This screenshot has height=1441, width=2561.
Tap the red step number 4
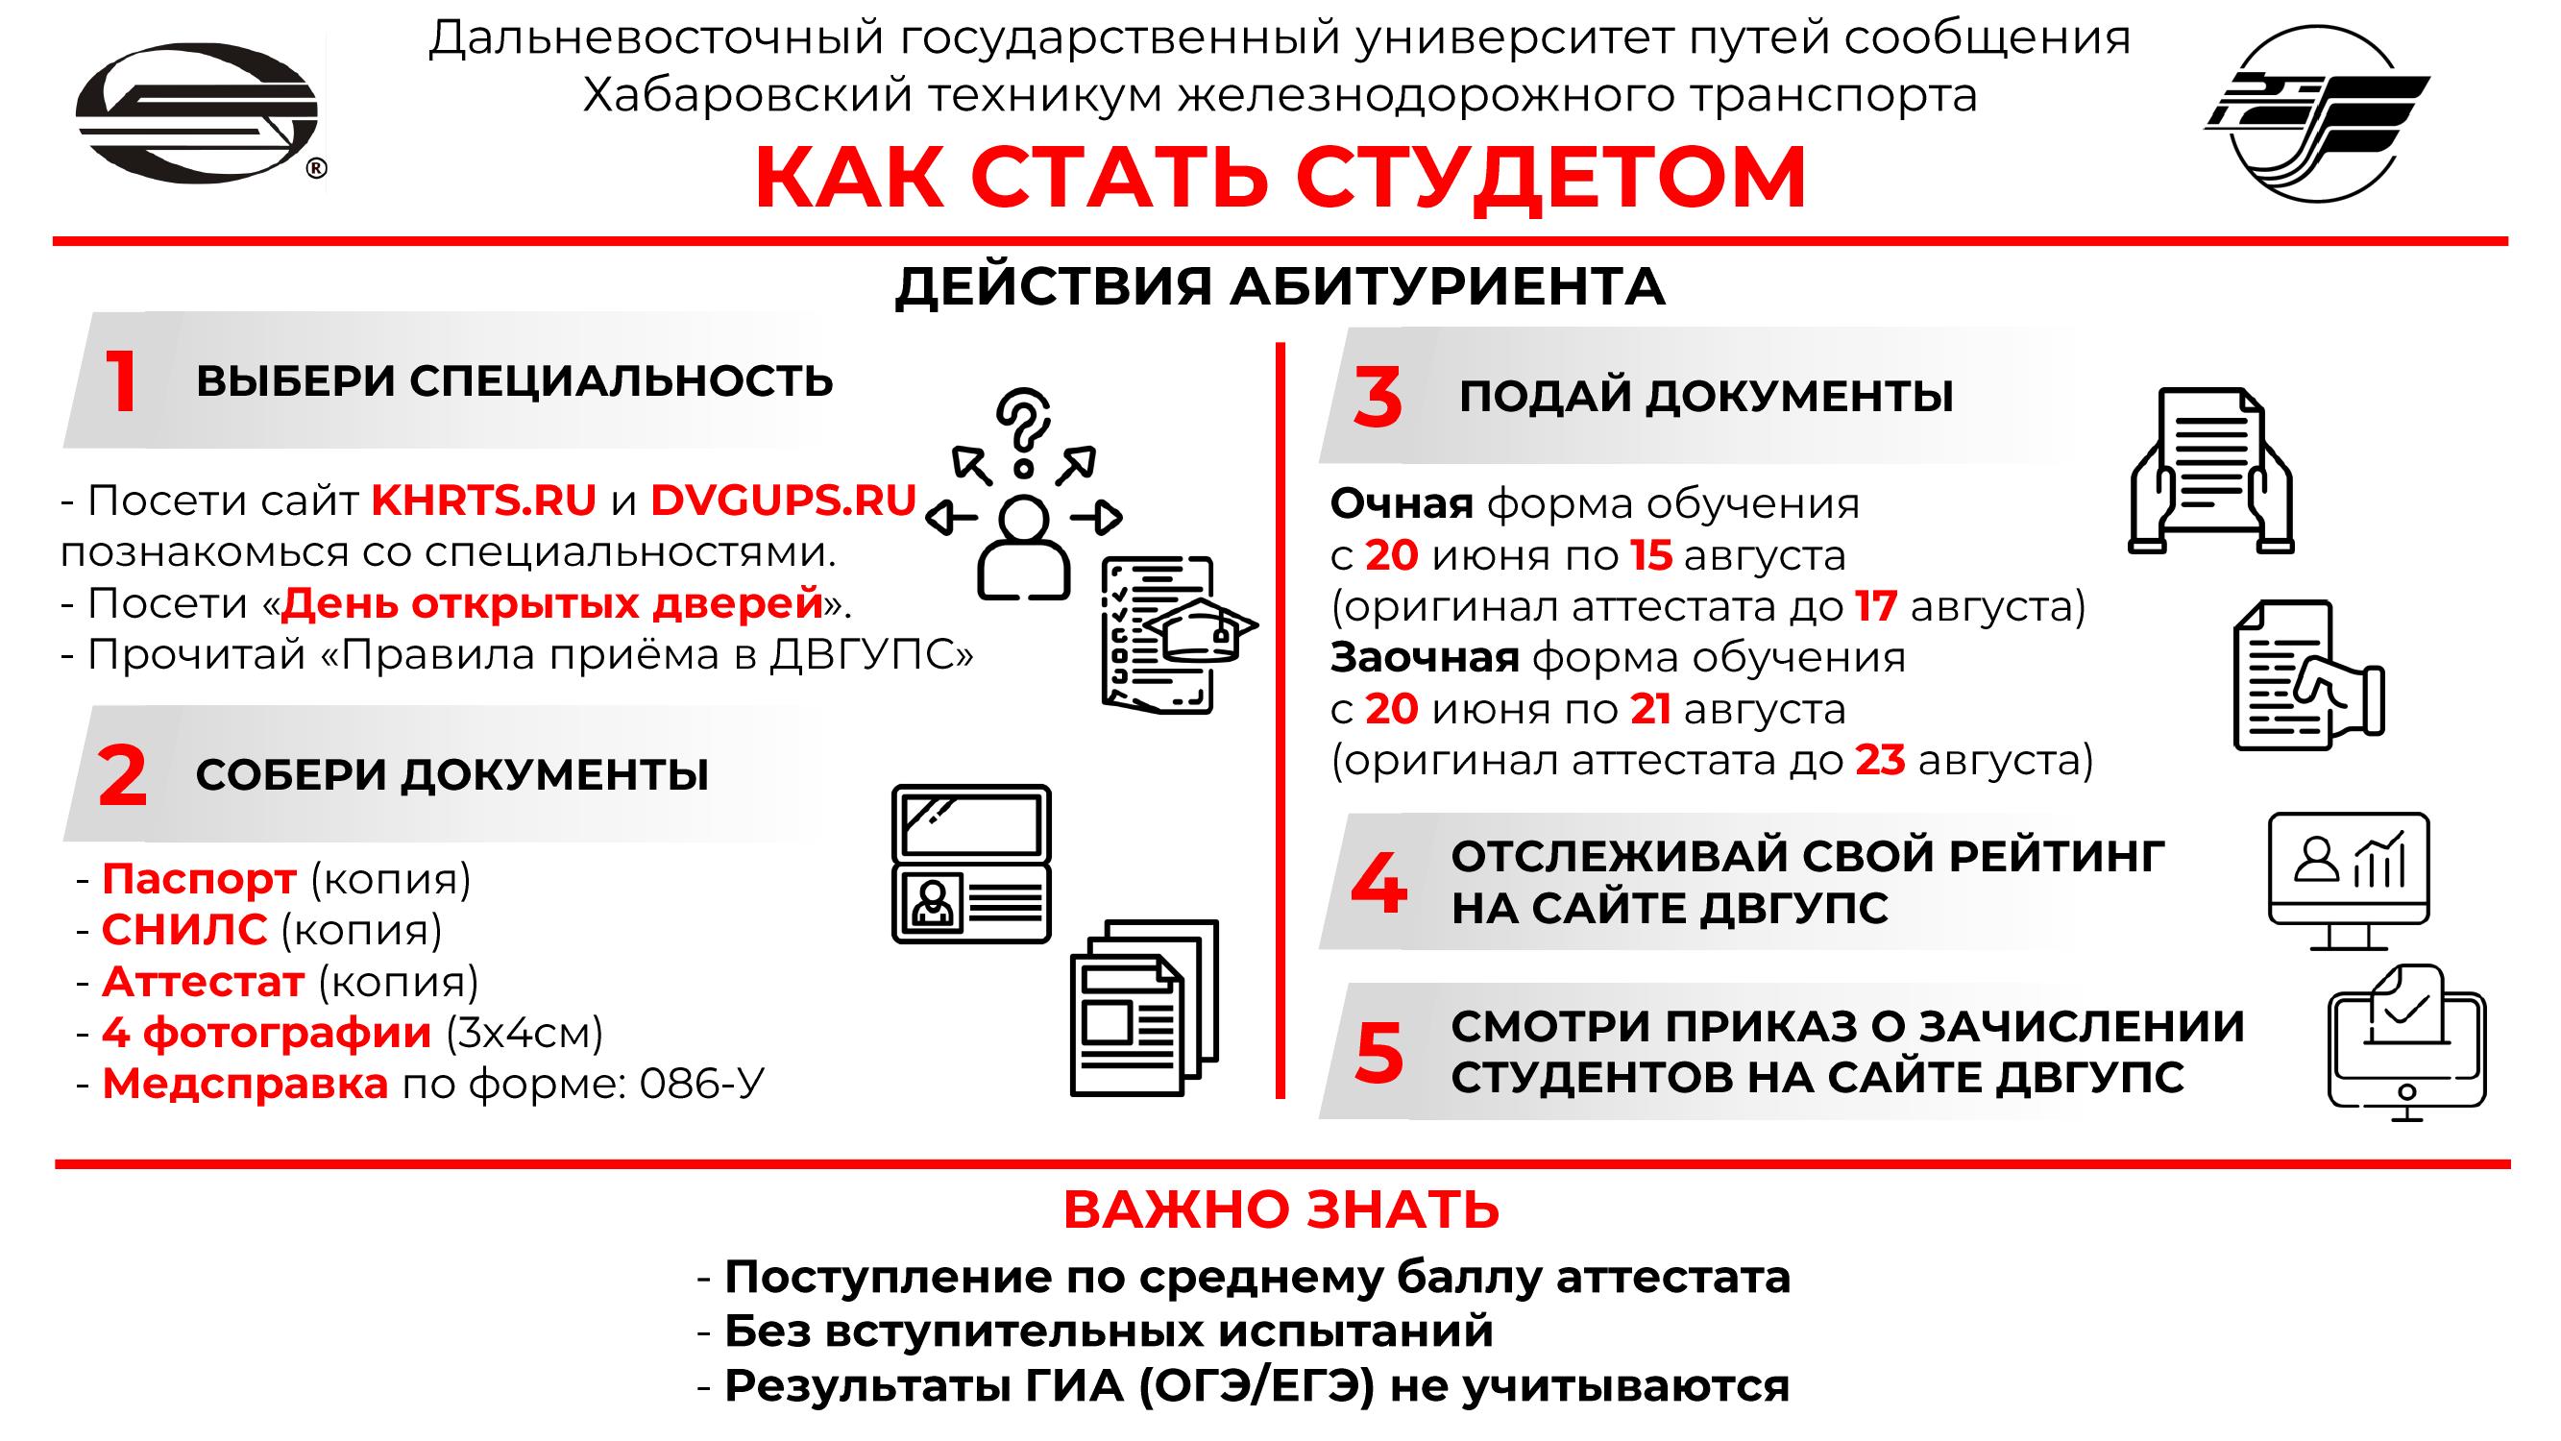click(1378, 883)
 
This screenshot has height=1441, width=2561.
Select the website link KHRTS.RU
click(484, 501)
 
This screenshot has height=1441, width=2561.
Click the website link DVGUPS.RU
click(784, 501)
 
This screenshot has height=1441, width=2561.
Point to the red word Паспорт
click(199, 879)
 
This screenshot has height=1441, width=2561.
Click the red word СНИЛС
click(184, 930)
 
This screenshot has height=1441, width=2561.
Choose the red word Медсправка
click(246, 1084)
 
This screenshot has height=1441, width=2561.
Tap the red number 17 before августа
click(1877, 606)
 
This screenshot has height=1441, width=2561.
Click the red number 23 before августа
click(1880, 761)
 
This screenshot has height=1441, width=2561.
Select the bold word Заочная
click(1425, 657)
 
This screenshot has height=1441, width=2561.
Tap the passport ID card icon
click(971, 864)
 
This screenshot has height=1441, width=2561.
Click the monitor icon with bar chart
click(2350, 881)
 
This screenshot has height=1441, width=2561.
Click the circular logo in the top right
click(2317, 112)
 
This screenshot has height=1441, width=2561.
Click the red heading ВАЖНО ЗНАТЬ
click(1281, 1209)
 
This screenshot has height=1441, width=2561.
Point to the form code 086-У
click(702, 1084)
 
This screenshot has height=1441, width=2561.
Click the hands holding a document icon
click(2211, 471)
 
